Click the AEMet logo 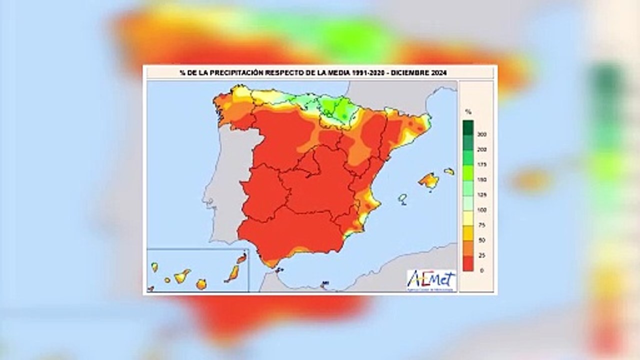tap(431, 280)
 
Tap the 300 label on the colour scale tap(482, 134)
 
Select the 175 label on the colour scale tap(482, 164)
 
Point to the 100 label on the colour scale tap(482, 210)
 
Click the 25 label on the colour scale tap(482, 255)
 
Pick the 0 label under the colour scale tap(482, 270)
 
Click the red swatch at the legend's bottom tap(468, 263)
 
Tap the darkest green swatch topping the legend tap(468, 127)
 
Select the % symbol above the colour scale tap(468, 111)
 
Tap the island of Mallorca tap(429, 180)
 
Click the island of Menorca tap(449, 171)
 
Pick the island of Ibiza tap(402, 198)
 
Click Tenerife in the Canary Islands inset tap(182, 275)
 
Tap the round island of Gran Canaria tap(201, 284)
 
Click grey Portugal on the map tap(225, 185)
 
